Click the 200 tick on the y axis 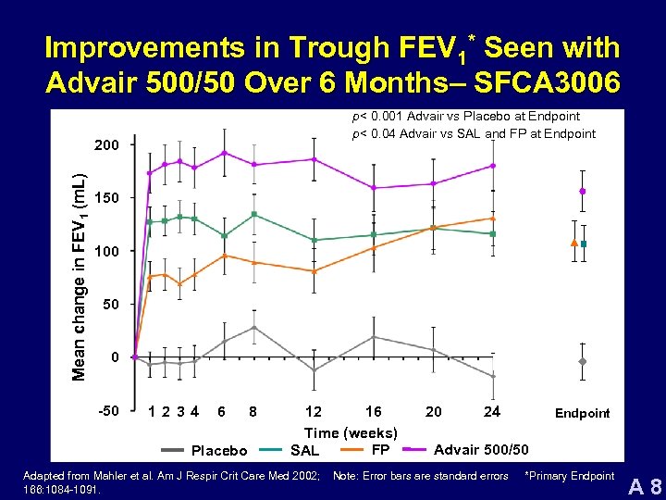point(107,145)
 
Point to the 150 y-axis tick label point(107,198)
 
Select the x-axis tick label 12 point(314,411)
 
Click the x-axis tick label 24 point(492,411)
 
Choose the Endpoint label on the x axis point(582,413)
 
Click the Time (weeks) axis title point(351,432)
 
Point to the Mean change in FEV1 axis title point(80,264)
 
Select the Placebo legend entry point(218,451)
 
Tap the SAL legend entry point(304,451)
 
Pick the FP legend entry point(379,450)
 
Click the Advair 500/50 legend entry point(481,450)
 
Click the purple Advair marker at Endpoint point(583,192)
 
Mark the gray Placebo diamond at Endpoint point(583,361)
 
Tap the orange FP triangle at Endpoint point(573,243)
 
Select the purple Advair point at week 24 point(493,166)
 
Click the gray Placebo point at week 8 point(254,328)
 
